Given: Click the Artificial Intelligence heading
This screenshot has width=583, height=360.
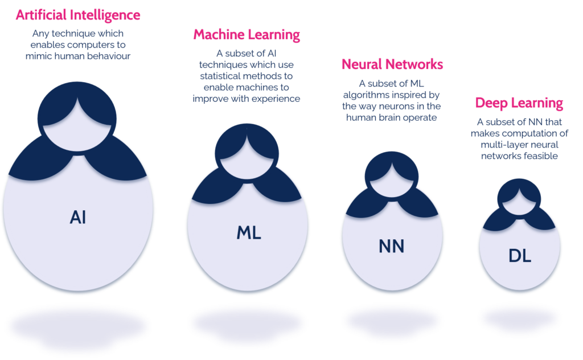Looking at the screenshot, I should (x=77, y=15).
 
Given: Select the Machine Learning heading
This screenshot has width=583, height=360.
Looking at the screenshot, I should (x=247, y=35).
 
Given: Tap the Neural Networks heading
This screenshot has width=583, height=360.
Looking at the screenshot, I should (x=392, y=64).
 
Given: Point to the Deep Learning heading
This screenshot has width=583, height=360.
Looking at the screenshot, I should (x=519, y=104).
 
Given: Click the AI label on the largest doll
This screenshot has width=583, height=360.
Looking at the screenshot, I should (x=78, y=217).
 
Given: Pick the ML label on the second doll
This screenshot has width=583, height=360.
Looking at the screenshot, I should (x=248, y=232).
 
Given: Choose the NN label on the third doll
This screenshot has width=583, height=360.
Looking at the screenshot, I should (x=391, y=246).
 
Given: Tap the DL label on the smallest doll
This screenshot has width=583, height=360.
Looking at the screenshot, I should (x=519, y=256).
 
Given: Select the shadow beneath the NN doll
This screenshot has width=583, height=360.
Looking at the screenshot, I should (x=392, y=322).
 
